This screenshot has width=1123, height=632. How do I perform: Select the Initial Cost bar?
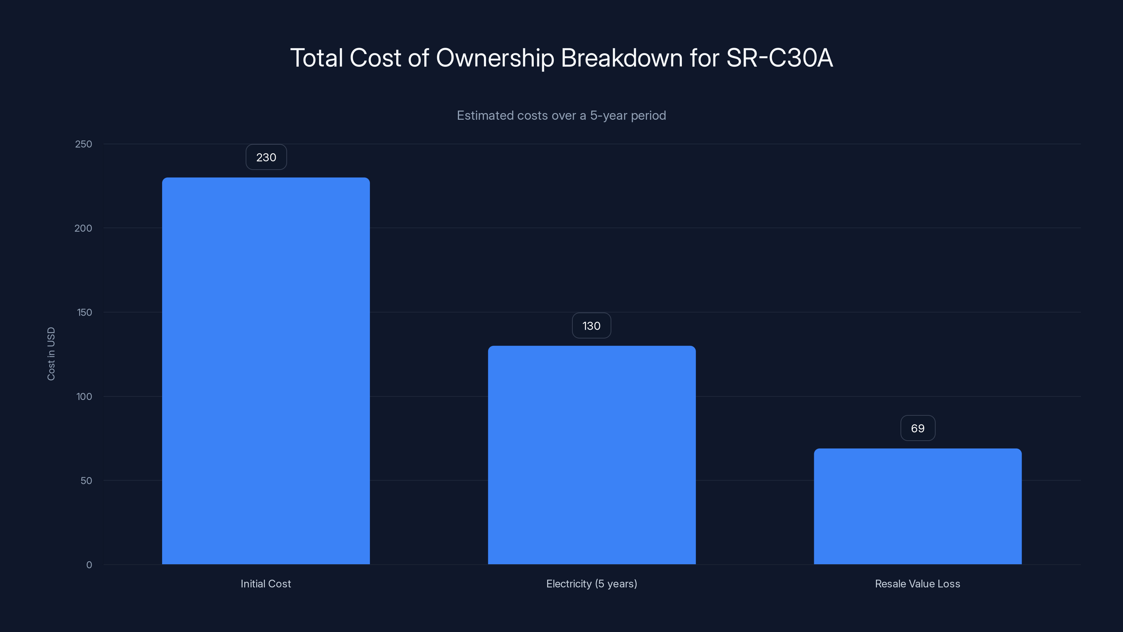(x=266, y=371)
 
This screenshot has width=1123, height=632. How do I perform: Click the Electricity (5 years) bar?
(x=592, y=455)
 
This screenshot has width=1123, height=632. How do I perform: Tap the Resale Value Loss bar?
(x=918, y=506)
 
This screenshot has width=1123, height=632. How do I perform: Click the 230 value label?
(x=266, y=157)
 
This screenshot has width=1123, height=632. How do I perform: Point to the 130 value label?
(x=591, y=326)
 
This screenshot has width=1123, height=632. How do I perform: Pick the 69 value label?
(x=918, y=428)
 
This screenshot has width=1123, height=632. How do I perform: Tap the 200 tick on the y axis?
(x=83, y=228)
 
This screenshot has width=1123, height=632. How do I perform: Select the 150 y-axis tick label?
(x=84, y=312)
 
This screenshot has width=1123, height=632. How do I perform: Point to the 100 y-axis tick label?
(x=84, y=396)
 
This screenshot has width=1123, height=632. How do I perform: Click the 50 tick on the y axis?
(x=86, y=481)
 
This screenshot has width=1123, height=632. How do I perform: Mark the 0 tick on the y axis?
(x=89, y=565)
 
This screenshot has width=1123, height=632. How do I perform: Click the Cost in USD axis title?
(x=51, y=354)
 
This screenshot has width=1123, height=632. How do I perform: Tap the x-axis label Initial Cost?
(x=266, y=584)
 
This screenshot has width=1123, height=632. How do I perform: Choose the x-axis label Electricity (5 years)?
(x=592, y=584)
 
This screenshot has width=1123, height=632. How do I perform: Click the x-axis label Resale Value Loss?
(x=917, y=584)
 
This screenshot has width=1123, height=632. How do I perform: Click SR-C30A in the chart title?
(x=779, y=58)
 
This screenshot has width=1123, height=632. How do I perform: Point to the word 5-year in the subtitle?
(x=608, y=116)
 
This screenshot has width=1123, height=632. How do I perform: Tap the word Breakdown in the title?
(x=622, y=58)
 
